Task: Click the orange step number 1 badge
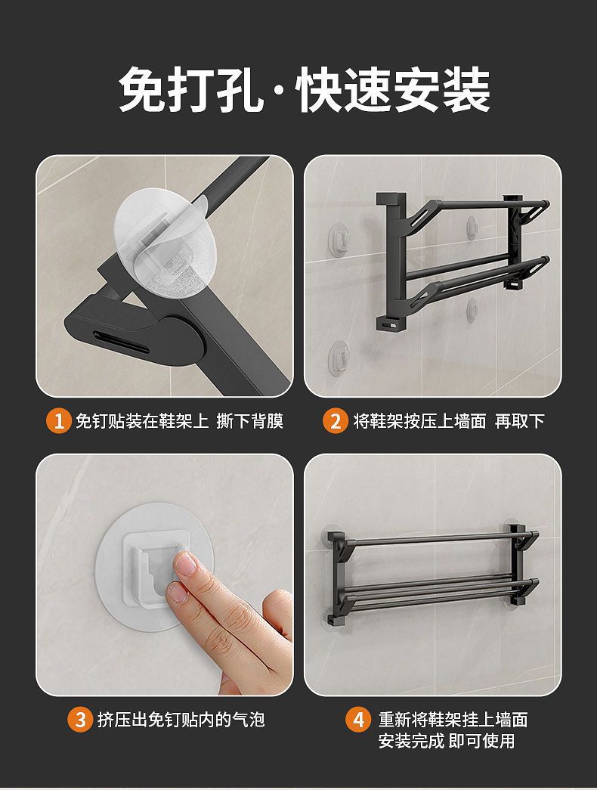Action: click(x=59, y=421)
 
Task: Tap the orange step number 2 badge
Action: click(x=335, y=421)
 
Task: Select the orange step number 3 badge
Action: click(x=80, y=719)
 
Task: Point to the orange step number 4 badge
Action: click(x=357, y=719)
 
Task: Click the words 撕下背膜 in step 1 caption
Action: click(x=250, y=420)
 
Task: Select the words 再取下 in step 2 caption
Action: click(x=520, y=420)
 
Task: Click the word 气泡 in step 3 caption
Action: click(x=249, y=719)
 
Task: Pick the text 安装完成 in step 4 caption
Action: click(x=412, y=741)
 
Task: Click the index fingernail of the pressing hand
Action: click(x=186, y=564)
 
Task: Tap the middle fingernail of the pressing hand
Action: click(x=177, y=594)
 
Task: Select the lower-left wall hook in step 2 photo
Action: click(x=340, y=356)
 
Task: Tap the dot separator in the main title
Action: click(x=282, y=91)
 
